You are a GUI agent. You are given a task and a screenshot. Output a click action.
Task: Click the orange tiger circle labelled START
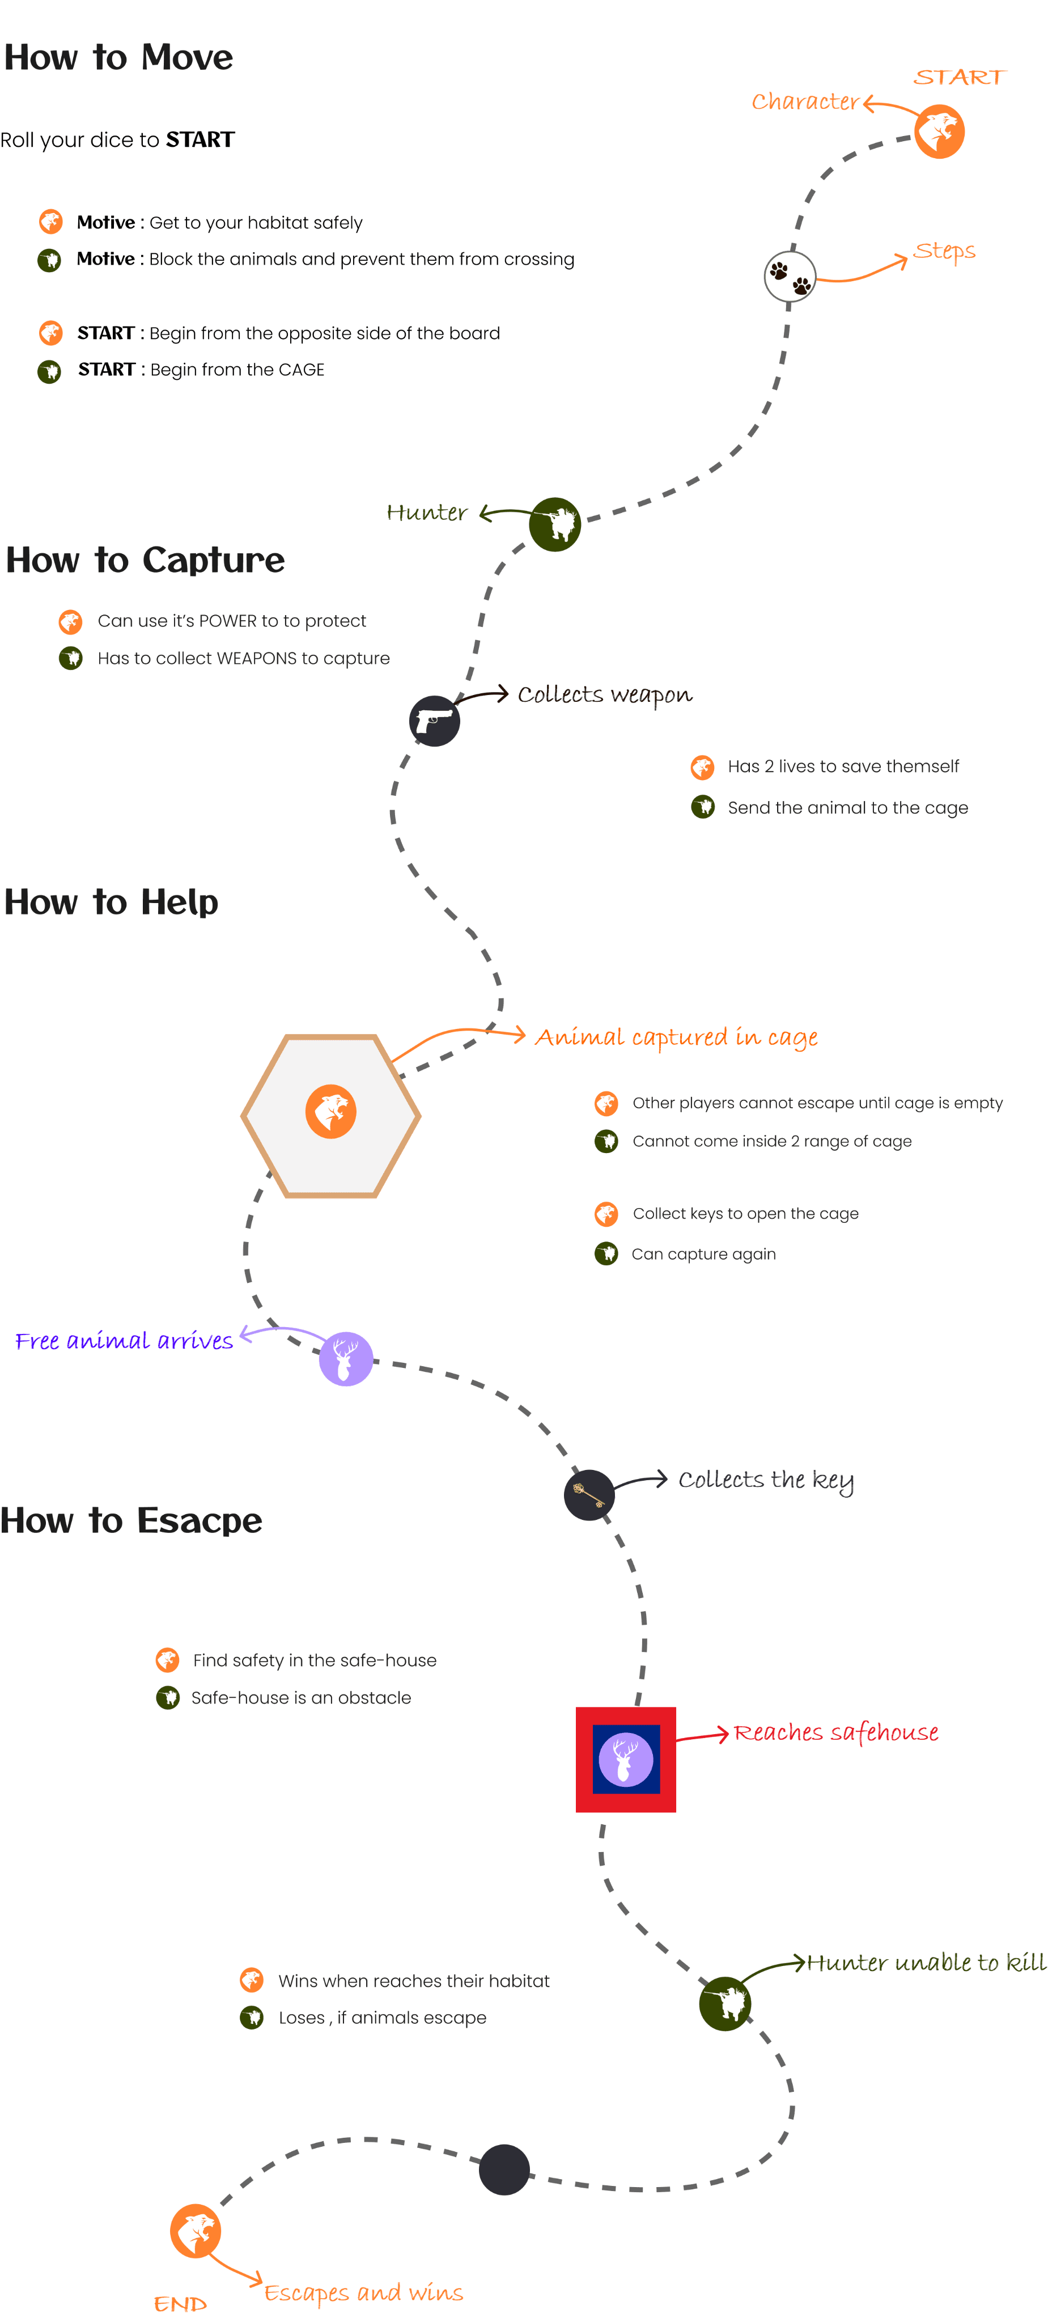coord(939,132)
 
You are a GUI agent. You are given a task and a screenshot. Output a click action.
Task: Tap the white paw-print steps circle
coord(790,277)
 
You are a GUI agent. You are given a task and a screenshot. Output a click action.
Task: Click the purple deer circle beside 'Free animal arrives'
coord(346,1358)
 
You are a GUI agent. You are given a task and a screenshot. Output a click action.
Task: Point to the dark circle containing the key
coord(589,1494)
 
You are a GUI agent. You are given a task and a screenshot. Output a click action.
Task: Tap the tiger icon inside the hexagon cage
coord(330,1112)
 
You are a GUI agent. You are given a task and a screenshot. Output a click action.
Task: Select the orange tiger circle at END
coord(196,2231)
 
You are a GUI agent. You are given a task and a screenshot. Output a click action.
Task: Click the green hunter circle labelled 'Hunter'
coord(554,524)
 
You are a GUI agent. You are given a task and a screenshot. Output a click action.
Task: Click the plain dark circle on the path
coord(504,2170)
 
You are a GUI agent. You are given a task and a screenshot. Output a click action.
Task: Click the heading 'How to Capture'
coord(145,560)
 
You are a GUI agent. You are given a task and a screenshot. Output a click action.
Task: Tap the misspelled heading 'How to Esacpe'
coord(131,1520)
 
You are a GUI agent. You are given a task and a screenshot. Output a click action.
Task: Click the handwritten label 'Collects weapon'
coord(605,695)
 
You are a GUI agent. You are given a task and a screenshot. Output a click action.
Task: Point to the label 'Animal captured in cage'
coord(676,1037)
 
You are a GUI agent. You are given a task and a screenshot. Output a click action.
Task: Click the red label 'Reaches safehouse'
coord(835,1732)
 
